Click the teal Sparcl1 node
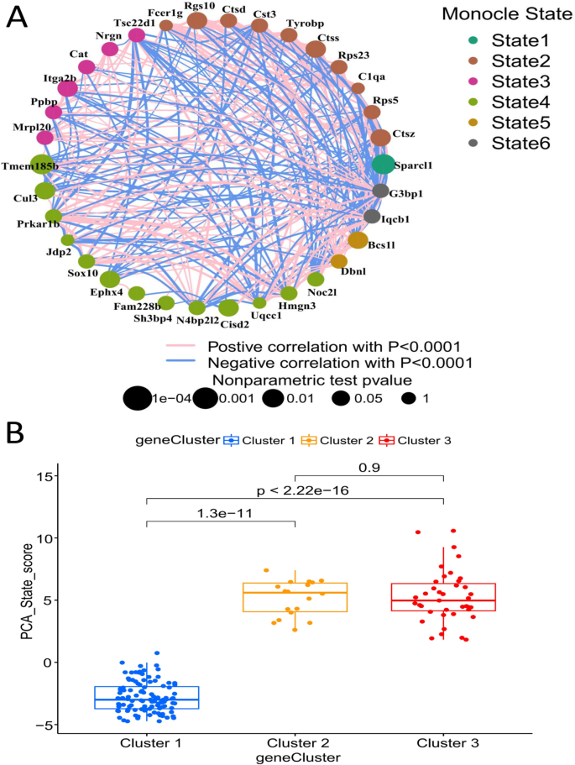coord(383,165)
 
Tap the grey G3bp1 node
coord(380,191)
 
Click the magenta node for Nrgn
coord(109,50)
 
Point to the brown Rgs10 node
coord(196,19)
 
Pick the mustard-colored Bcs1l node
coord(358,240)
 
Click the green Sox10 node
coord(86,261)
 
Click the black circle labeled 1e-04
coord(136,399)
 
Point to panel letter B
coord(15,433)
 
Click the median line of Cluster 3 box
coord(442,600)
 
